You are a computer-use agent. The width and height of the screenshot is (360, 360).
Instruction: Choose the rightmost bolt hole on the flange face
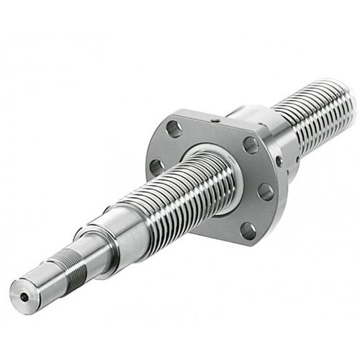point(266,192)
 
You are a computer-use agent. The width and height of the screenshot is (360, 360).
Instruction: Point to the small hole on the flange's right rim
point(280,163)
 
